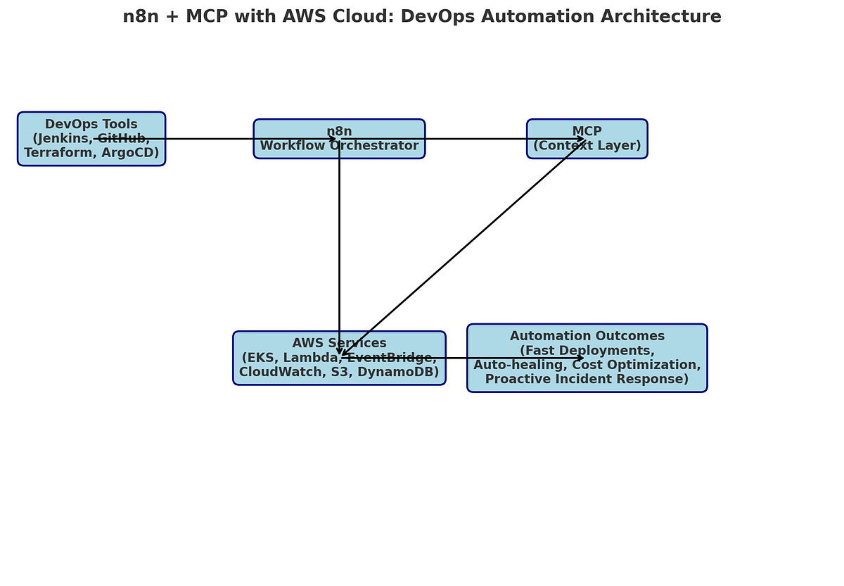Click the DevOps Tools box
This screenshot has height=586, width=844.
[91, 139]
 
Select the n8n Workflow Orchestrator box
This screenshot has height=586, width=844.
[339, 139]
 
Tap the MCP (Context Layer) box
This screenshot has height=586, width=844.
[587, 139]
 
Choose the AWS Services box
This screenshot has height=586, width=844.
[339, 358]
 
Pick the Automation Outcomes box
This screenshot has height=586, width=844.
[587, 358]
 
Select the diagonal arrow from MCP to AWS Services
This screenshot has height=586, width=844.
[464, 247]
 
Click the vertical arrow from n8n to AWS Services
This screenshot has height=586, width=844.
[339, 247]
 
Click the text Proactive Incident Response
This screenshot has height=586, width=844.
[587, 379]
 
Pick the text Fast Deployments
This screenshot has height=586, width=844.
[587, 351]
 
